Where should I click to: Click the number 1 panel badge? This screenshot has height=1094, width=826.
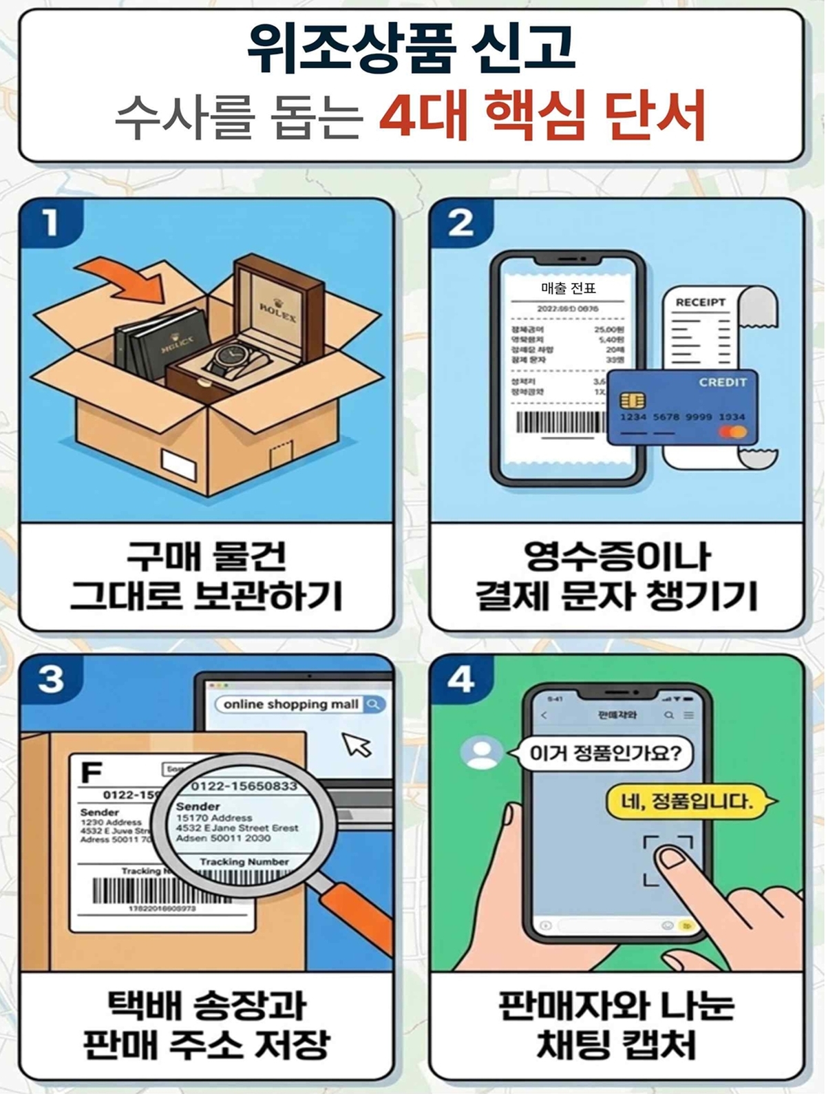(50, 222)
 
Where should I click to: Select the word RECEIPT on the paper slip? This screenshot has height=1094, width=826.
(700, 302)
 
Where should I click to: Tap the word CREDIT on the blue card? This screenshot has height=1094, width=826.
(722, 382)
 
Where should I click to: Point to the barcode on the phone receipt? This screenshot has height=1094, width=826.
(559, 421)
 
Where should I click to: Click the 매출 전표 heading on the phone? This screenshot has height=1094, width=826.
(568, 288)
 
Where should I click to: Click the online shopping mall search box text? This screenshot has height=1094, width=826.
(290, 704)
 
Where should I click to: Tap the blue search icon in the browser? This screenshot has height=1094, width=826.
(374, 704)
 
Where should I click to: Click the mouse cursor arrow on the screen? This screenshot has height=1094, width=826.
(357, 745)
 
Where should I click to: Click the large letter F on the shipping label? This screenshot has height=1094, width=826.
(91, 772)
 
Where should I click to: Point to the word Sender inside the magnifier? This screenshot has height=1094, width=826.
(198, 806)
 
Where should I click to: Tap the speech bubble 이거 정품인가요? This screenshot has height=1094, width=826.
(604, 753)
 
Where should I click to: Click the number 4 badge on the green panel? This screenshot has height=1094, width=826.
(460, 680)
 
